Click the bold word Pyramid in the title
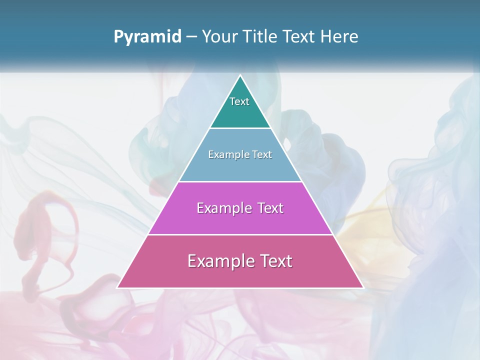point(147,37)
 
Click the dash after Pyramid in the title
point(191,37)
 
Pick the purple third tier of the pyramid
point(240,220)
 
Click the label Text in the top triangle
point(239,101)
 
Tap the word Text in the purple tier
point(270,208)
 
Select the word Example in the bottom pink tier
point(219,261)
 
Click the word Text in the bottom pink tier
point(275,261)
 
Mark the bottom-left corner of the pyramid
point(118,287)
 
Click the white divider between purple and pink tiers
point(240,234)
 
